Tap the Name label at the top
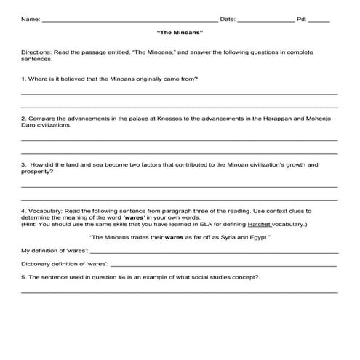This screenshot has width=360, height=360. click(30, 20)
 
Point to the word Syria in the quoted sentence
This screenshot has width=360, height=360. click(231, 238)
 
